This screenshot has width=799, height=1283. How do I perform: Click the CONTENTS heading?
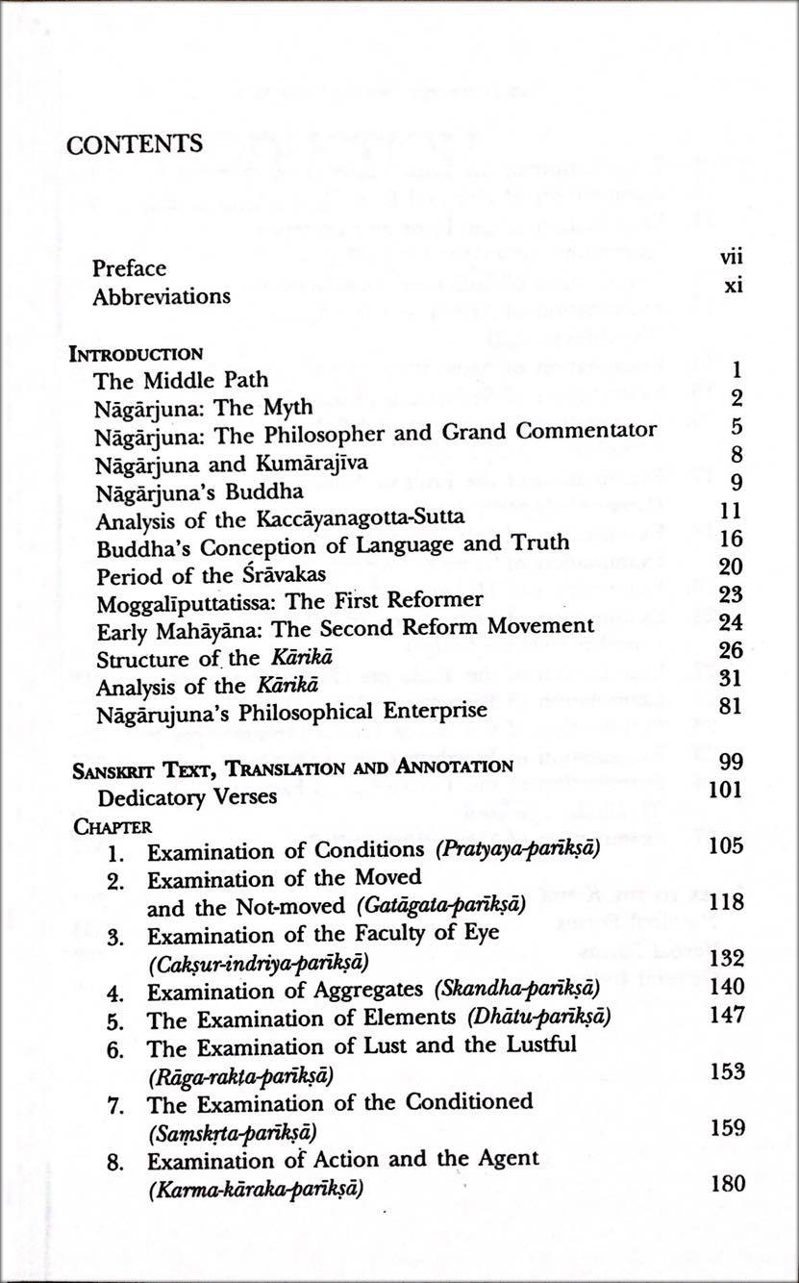click(x=135, y=145)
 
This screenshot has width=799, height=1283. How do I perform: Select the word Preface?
click(x=129, y=268)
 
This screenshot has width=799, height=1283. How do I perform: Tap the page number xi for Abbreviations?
click(x=734, y=288)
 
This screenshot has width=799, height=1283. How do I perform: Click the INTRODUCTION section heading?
click(x=136, y=353)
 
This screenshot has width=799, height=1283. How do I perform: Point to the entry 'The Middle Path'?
click(x=181, y=380)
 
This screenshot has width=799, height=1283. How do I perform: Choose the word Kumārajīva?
click(x=310, y=463)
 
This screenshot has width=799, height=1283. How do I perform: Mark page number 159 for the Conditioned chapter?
click(x=727, y=1128)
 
